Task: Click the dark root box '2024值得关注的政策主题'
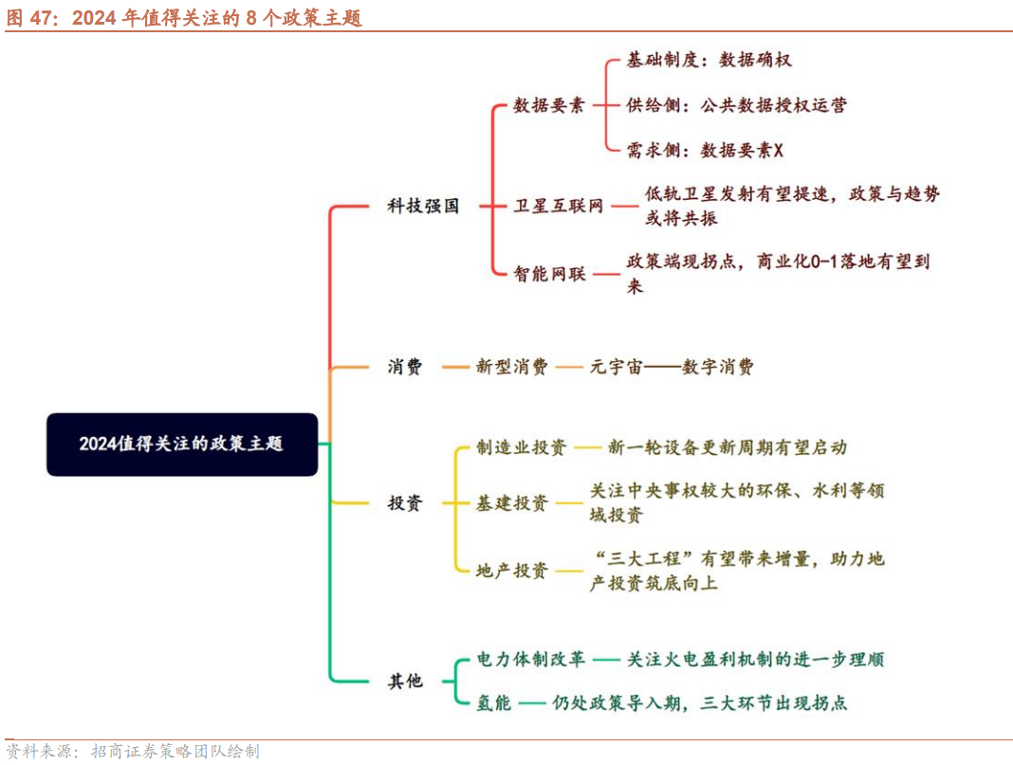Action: [182, 445]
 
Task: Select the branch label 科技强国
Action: [423, 206]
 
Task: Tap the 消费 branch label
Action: [405, 367]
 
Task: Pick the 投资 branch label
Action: [405, 503]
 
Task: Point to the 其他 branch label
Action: [405, 681]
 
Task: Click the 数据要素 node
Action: [549, 105]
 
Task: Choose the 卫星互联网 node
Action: [559, 206]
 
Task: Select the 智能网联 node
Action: [550, 274]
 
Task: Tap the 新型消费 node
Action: [511, 367]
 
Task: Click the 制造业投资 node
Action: [522, 447]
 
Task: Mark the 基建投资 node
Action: [511, 503]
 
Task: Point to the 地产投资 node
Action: [511, 571]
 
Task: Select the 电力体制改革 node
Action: [531, 659]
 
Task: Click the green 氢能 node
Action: [493, 702]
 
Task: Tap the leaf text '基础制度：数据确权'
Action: [709, 60]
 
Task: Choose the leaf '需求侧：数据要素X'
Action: [705, 151]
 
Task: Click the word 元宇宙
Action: [617, 367]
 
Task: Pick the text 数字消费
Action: [718, 367]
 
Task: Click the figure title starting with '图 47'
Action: [184, 17]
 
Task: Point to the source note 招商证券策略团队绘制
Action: [175, 752]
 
